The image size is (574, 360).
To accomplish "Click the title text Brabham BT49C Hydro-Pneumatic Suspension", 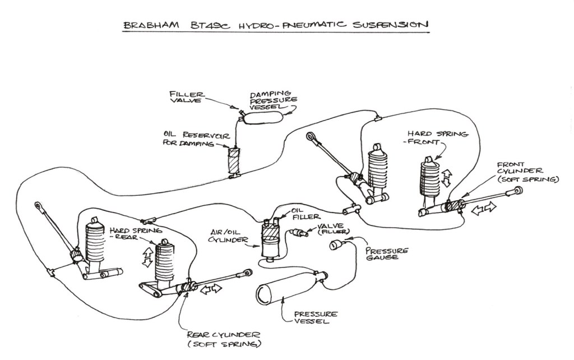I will pos(275,25).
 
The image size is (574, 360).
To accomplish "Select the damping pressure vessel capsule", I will pos(263,117).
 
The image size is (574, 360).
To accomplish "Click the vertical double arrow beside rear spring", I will pos(149,257).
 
